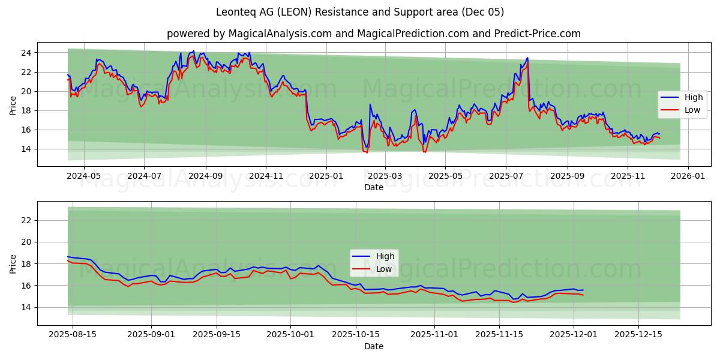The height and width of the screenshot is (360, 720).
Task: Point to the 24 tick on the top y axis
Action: pyautogui.click(x=26, y=53)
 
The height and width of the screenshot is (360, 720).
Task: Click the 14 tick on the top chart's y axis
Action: pyautogui.click(x=26, y=149)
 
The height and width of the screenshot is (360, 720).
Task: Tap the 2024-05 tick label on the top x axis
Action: pyautogui.click(x=83, y=176)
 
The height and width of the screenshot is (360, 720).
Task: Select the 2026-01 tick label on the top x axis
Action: pyautogui.click(x=688, y=176)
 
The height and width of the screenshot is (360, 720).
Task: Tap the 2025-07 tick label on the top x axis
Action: pyautogui.click(x=505, y=176)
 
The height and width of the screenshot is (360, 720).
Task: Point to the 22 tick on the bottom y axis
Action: pyautogui.click(x=26, y=220)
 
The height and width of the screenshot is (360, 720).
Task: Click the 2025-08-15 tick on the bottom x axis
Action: pyautogui.click(x=72, y=334)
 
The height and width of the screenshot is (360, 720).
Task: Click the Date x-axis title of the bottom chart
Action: pyautogui.click(x=373, y=346)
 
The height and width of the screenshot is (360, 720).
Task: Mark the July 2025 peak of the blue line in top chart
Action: pyautogui.click(x=527, y=58)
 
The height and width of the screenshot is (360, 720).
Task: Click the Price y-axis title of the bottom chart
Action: pyautogui.click(x=13, y=263)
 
